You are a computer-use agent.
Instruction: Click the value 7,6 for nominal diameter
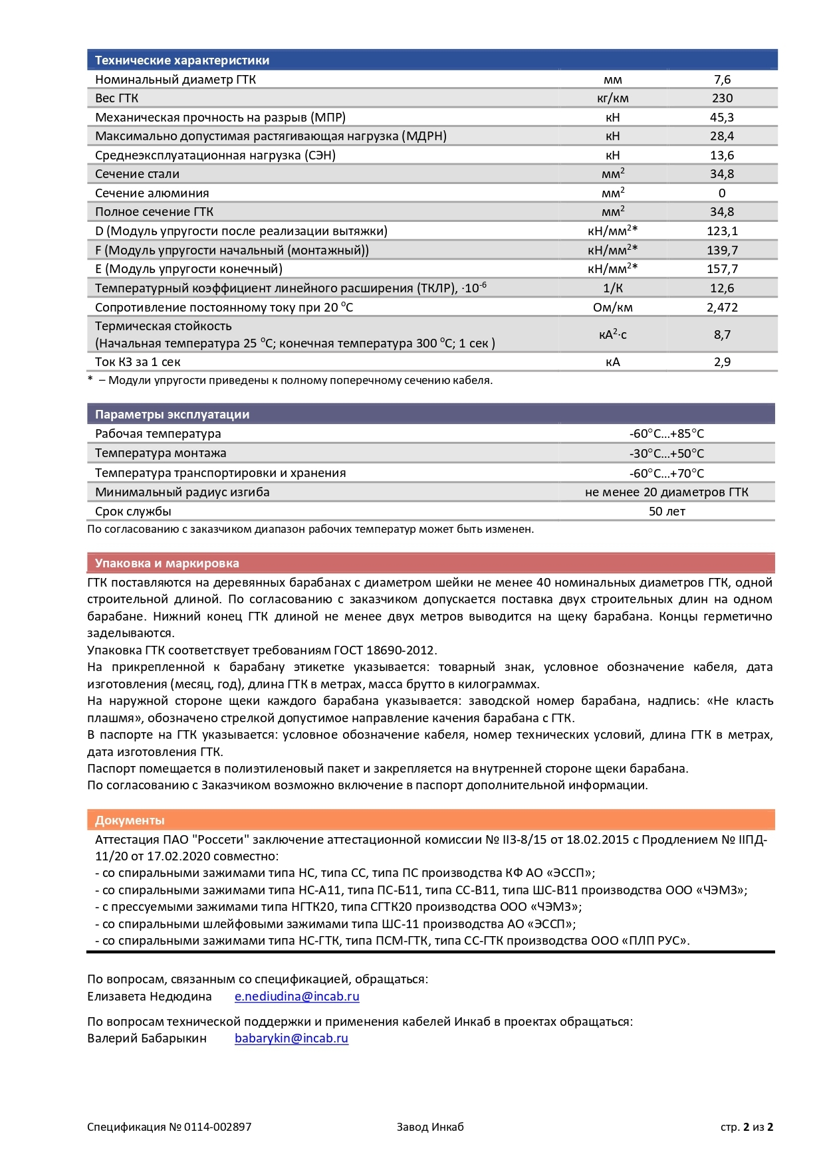pyautogui.click(x=722, y=80)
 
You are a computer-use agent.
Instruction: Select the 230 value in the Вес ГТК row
pyautogui.click(x=722, y=98)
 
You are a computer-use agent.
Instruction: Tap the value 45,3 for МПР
pyautogui.click(x=722, y=118)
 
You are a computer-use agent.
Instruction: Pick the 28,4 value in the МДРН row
pyautogui.click(x=722, y=136)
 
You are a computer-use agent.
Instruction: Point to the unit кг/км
pyautogui.click(x=612, y=98)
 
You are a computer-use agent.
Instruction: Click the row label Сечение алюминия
pyautogui.click(x=152, y=193)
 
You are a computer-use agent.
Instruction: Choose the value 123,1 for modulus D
pyautogui.click(x=722, y=231)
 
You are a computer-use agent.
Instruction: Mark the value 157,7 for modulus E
pyautogui.click(x=722, y=269)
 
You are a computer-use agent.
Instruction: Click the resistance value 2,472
pyautogui.click(x=722, y=308)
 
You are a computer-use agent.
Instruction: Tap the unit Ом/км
pyautogui.click(x=612, y=308)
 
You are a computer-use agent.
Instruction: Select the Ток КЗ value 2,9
pyautogui.click(x=722, y=362)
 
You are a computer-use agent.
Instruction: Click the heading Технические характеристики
pyautogui.click(x=182, y=60)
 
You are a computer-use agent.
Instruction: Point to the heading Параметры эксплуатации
pyautogui.click(x=172, y=415)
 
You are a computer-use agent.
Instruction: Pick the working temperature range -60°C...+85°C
pyautogui.click(x=666, y=434)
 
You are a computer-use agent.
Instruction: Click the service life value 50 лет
pyautogui.click(x=666, y=512)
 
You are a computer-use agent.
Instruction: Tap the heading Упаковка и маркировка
pyautogui.click(x=167, y=563)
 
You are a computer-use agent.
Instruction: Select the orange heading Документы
pyautogui.click(x=130, y=821)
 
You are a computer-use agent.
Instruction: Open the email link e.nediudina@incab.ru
pyautogui.click(x=296, y=997)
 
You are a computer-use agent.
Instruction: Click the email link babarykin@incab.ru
pyautogui.click(x=291, y=1038)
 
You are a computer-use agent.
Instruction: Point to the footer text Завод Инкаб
pyautogui.click(x=430, y=1127)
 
